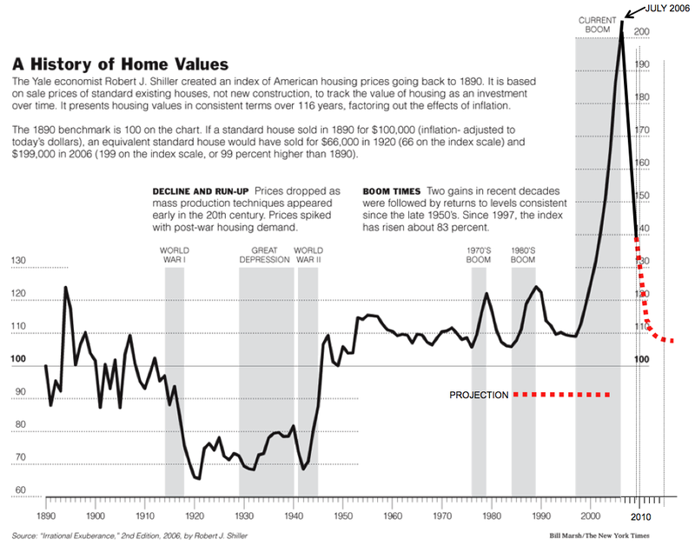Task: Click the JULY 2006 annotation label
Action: click(x=666, y=9)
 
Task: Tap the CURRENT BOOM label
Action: click(x=598, y=23)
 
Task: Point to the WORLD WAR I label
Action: click(x=174, y=254)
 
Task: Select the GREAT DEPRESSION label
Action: click(x=266, y=254)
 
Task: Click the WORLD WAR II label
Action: click(x=308, y=254)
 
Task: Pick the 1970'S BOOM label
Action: click(x=479, y=254)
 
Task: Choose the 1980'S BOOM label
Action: click(x=522, y=254)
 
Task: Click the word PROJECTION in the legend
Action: click(x=479, y=396)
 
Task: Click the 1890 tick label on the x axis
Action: click(x=45, y=516)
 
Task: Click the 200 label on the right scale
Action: click(x=643, y=32)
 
